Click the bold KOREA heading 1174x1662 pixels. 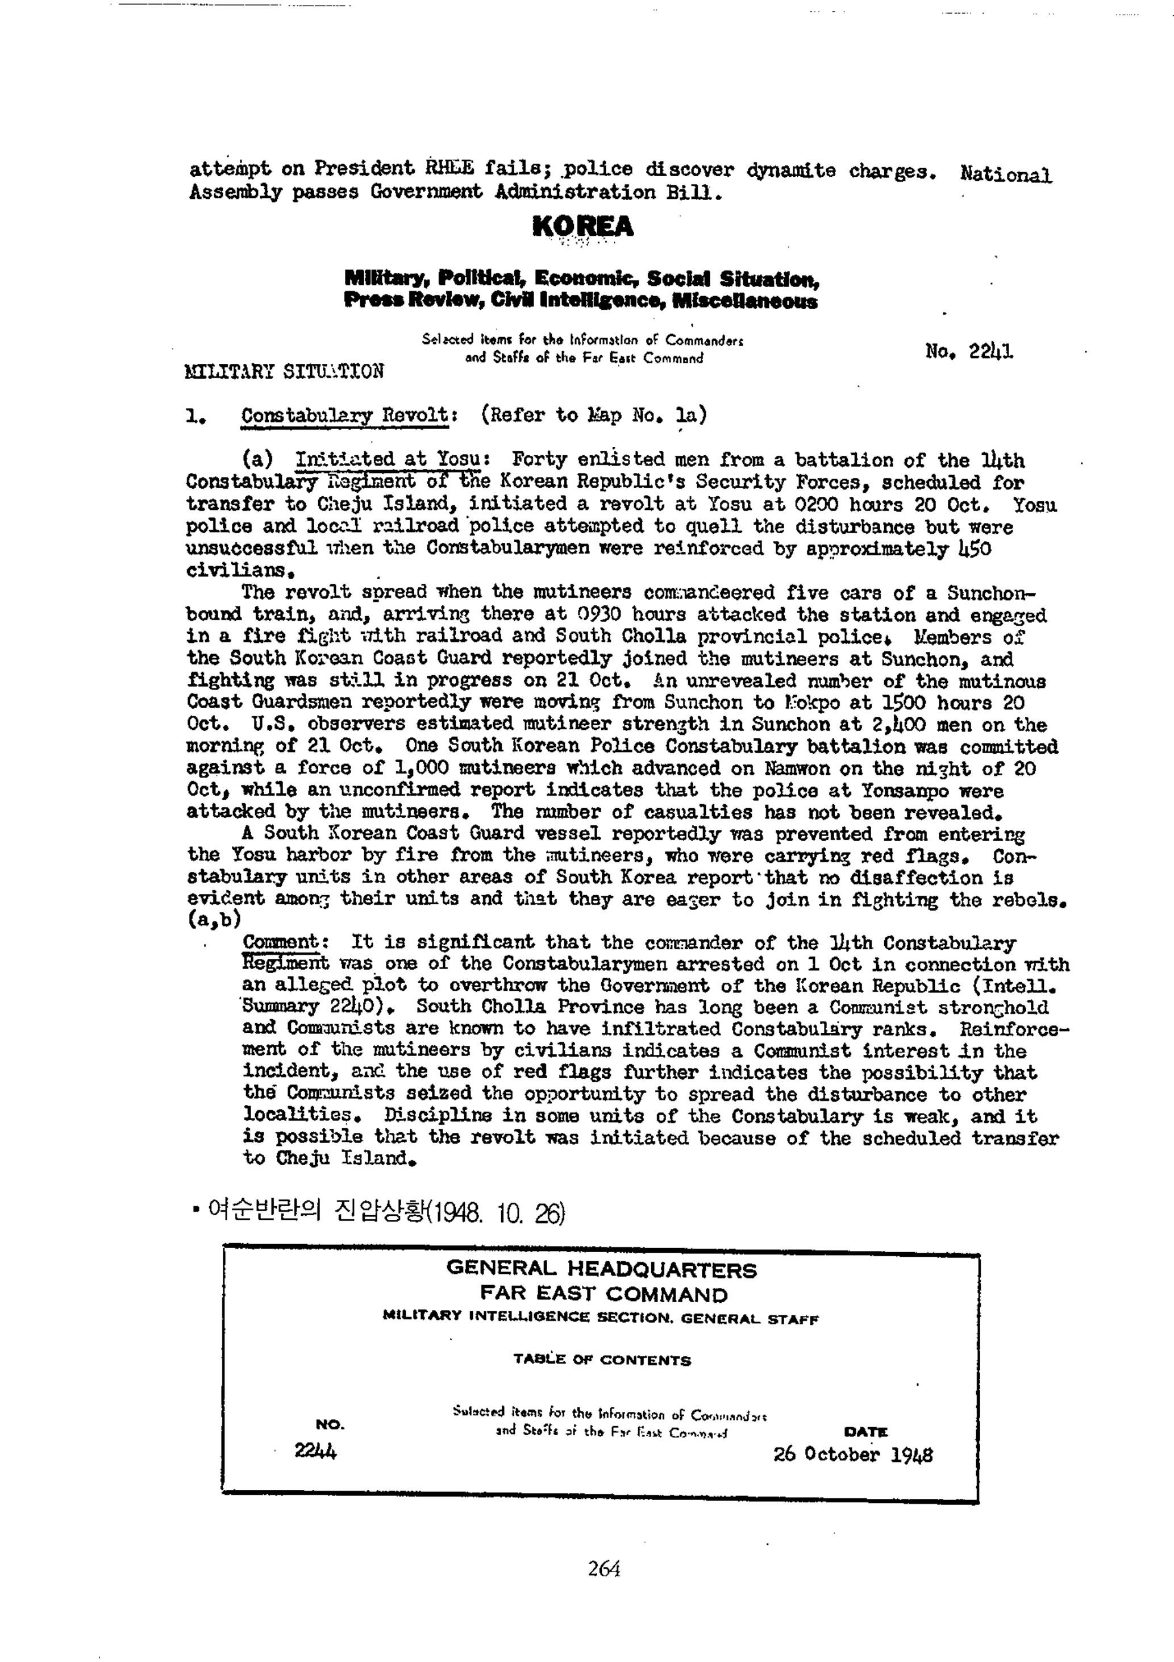pyautogui.click(x=582, y=227)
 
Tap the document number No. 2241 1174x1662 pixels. pyautogui.click(x=969, y=352)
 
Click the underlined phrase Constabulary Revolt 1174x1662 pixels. pyautogui.click(x=345, y=415)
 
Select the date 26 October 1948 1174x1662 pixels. pyautogui.click(x=852, y=1454)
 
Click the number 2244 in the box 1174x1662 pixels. pyautogui.click(x=315, y=1451)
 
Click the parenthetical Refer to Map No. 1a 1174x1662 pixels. pyautogui.click(x=593, y=415)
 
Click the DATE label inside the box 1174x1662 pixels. pyautogui.click(x=865, y=1432)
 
